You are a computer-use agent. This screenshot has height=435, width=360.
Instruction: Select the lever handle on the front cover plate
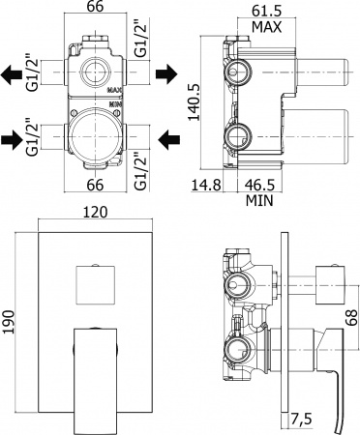tap(95, 372)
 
